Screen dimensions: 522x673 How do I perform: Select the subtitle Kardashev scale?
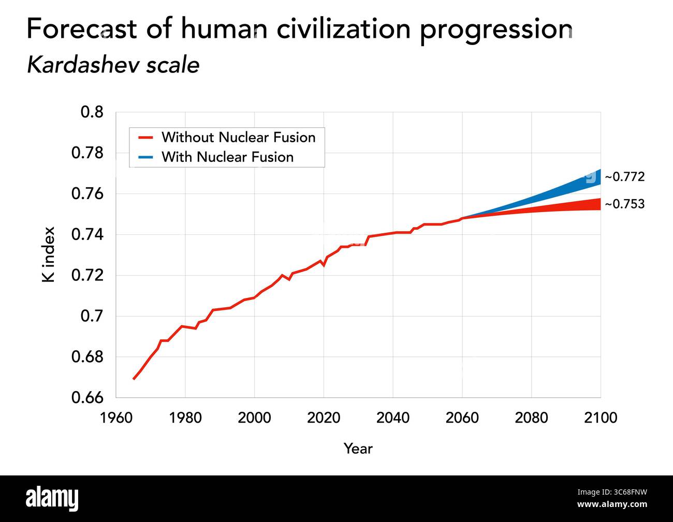coord(113,66)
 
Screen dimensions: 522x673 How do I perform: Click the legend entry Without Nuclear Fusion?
coord(238,138)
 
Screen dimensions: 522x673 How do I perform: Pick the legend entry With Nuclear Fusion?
coord(227,157)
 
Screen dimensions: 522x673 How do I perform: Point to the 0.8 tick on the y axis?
coord(92,112)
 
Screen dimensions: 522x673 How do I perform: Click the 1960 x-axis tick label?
coord(116,417)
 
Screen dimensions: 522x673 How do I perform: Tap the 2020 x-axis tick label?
coord(324,417)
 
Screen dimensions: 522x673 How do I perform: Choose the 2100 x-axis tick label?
coord(601,417)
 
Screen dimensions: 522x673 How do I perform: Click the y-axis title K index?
coord(48,255)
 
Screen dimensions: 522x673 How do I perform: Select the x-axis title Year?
coord(358,449)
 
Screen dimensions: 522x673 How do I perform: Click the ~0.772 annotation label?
coord(624,177)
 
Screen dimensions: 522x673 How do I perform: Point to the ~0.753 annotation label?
coord(624,204)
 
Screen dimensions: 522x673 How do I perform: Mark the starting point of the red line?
coord(134,379)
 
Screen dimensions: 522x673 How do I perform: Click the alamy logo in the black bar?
coord(52,499)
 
